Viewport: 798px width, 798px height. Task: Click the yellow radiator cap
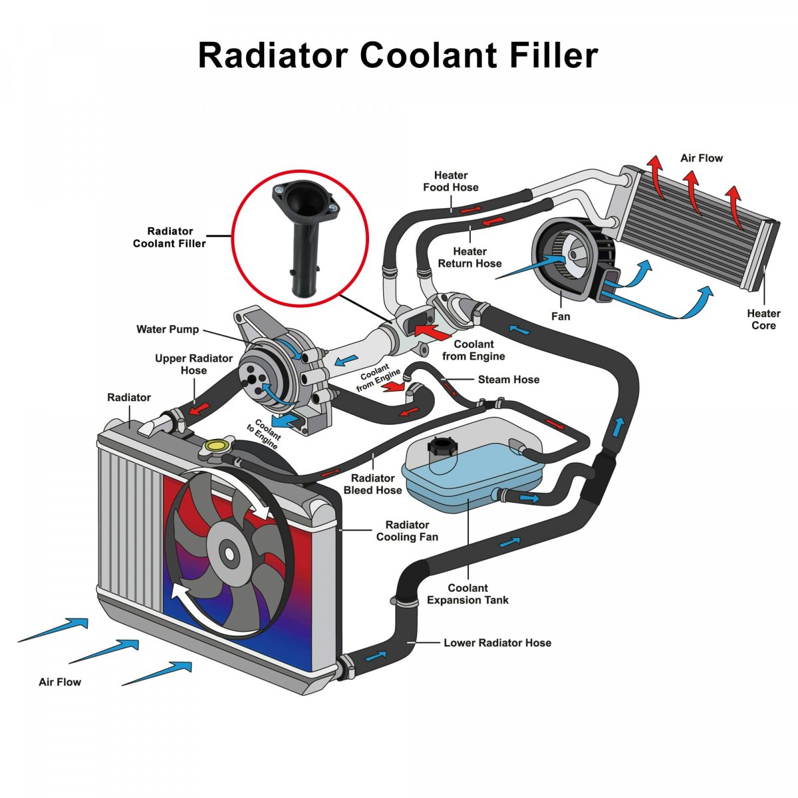pyautogui.click(x=215, y=446)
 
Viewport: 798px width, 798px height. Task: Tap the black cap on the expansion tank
pyautogui.click(x=442, y=447)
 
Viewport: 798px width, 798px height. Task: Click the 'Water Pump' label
pyautogui.click(x=168, y=329)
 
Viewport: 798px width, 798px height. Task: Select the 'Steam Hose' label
pyautogui.click(x=509, y=379)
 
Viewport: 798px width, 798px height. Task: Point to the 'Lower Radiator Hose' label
pyautogui.click(x=497, y=642)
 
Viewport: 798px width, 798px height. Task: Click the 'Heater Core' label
pyautogui.click(x=763, y=319)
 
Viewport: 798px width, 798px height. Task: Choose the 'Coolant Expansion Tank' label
pyautogui.click(x=467, y=594)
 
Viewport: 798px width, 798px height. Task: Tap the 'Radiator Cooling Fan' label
pyautogui.click(x=407, y=531)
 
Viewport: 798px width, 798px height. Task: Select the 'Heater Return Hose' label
pyautogui.click(x=469, y=257)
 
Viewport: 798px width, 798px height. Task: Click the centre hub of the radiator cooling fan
pyautogui.click(x=229, y=553)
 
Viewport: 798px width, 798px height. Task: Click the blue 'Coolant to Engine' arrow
pyautogui.click(x=285, y=420)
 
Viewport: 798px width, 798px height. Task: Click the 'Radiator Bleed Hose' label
pyautogui.click(x=372, y=484)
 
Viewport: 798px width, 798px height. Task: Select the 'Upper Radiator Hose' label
pyautogui.click(x=194, y=364)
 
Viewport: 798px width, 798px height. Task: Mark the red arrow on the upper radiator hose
pyautogui.click(x=200, y=408)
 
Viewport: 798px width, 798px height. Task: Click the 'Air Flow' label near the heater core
pyautogui.click(x=702, y=158)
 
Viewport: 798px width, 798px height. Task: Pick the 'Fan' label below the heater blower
pyautogui.click(x=561, y=317)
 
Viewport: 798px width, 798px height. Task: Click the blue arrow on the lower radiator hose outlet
pyautogui.click(x=375, y=656)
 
